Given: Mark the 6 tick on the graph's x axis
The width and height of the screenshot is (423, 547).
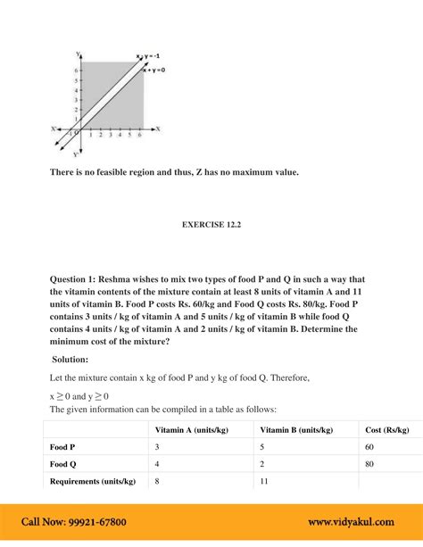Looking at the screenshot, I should click(x=142, y=136).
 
